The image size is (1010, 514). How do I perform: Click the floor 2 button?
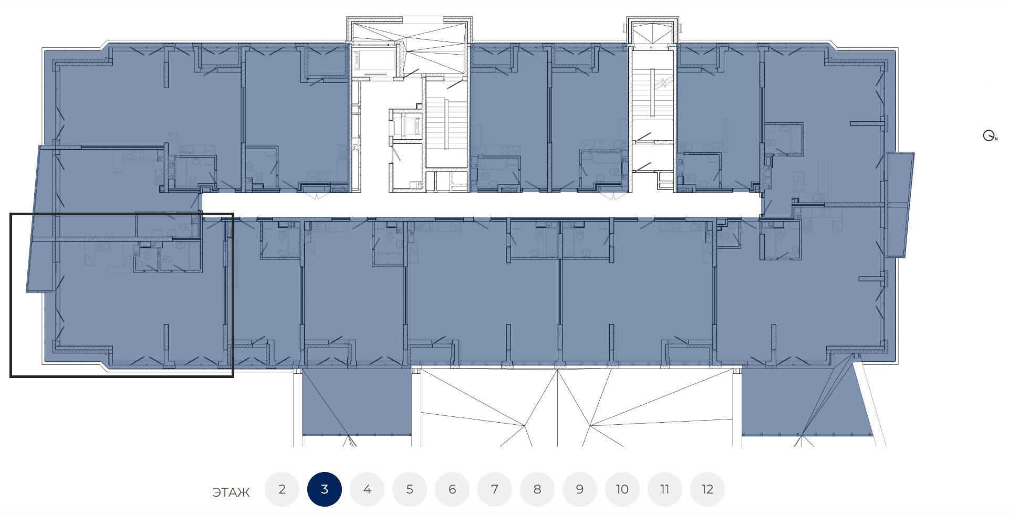(x=282, y=489)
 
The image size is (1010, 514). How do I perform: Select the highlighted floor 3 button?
(x=325, y=489)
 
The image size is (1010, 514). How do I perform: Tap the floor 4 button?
(x=367, y=489)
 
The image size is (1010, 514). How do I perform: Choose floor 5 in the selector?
(x=410, y=489)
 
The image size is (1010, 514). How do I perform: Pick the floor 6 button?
(x=452, y=489)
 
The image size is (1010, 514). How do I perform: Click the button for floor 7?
(x=495, y=489)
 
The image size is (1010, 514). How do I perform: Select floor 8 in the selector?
(x=537, y=489)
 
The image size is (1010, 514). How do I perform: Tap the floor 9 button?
(x=580, y=489)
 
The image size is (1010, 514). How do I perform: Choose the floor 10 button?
(x=622, y=489)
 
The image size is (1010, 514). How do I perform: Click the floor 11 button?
(x=665, y=489)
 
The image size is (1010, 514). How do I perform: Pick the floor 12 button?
(x=707, y=489)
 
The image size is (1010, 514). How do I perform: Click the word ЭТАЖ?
(x=231, y=492)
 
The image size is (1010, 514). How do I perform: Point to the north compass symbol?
(x=990, y=136)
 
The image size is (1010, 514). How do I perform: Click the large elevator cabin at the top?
(x=373, y=60)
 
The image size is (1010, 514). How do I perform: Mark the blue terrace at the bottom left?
(x=357, y=402)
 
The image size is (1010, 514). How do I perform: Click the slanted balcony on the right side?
(x=899, y=204)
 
